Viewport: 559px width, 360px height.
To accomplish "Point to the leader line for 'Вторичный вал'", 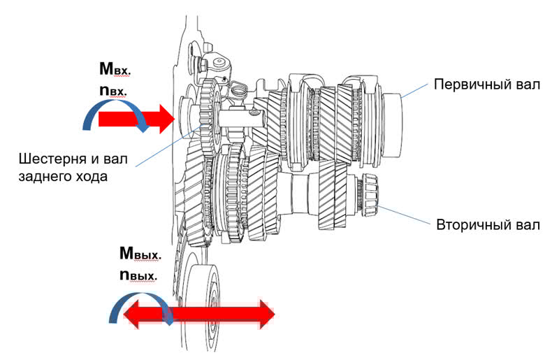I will (404, 215).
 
